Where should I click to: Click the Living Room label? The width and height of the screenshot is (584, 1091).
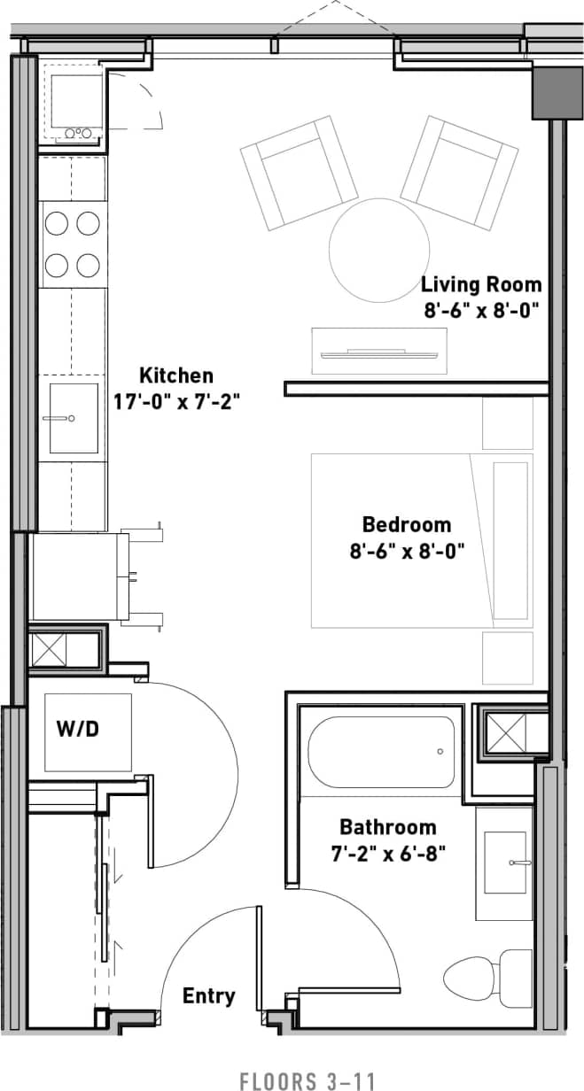(480, 285)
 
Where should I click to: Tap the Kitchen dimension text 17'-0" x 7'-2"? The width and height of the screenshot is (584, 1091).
(176, 401)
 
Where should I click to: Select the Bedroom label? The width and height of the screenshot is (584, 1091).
(406, 524)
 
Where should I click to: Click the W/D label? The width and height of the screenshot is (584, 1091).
(77, 730)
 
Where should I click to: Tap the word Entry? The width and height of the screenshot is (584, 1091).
(209, 996)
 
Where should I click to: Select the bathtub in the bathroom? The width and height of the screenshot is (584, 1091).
(381, 752)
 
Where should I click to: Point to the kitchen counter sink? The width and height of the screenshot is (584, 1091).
(74, 418)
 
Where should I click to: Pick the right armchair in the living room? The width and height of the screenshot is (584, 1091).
(460, 170)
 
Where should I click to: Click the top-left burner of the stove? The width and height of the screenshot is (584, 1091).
(57, 224)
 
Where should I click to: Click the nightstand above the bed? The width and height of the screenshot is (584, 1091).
(508, 423)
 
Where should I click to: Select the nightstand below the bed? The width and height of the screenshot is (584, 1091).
(508, 658)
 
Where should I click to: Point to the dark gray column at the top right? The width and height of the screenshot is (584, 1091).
(557, 91)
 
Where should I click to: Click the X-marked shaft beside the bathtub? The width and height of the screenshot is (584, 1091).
(508, 732)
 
